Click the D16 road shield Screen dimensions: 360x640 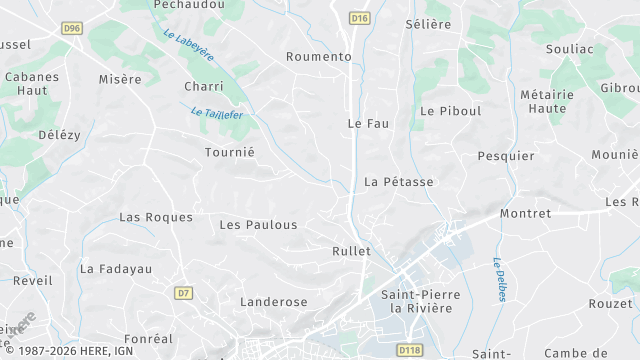pyautogui.click(x=360, y=18)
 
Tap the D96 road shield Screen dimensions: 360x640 pyautogui.click(x=71, y=29)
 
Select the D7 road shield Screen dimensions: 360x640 pyautogui.click(x=183, y=293)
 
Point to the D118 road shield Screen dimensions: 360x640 pyautogui.click(x=408, y=350)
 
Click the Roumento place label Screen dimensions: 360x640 pyautogui.click(x=319, y=57)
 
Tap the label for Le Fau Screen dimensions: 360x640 pyautogui.click(x=367, y=123)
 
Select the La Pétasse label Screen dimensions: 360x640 pyautogui.click(x=399, y=182)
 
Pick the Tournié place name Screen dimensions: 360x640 pyautogui.click(x=229, y=152)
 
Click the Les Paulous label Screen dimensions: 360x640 pyautogui.click(x=258, y=225)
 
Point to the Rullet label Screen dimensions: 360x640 pyautogui.click(x=351, y=251)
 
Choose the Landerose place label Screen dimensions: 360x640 pyautogui.click(x=274, y=301)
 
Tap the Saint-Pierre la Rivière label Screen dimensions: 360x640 pyautogui.click(x=417, y=301)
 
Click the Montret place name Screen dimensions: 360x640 pyautogui.click(x=525, y=213)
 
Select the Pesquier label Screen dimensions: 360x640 pyautogui.click(x=506, y=155)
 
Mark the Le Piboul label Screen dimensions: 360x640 pyautogui.click(x=451, y=111)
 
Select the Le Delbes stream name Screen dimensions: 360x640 pyautogui.click(x=498, y=279)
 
